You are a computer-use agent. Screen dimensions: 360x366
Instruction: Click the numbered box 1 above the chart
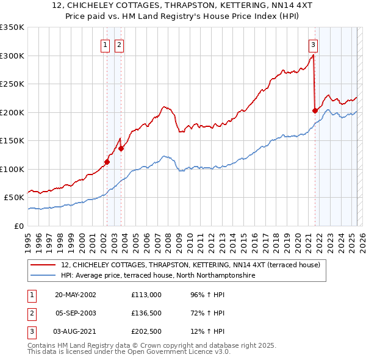point(106,44)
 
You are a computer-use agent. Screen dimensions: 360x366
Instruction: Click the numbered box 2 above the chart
point(118,44)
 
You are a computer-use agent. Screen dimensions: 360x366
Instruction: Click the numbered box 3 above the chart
point(313,44)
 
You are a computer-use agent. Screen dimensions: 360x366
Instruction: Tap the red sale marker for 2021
point(315,110)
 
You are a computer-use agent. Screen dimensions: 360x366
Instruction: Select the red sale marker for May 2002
point(107,162)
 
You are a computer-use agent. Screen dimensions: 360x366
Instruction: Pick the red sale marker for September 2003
point(121,148)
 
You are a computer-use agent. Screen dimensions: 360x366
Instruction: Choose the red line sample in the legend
point(44,265)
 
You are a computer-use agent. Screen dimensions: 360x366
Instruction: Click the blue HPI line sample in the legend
point(44,276)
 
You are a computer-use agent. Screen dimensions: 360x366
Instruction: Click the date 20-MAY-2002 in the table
point(76,294)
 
